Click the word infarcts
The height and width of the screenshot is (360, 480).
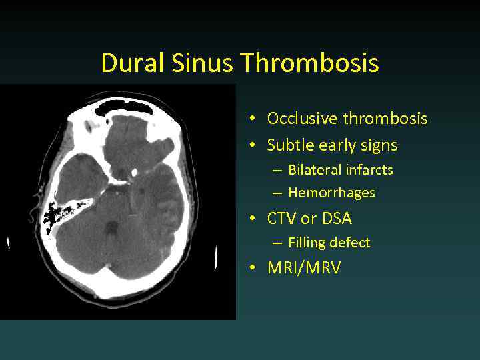(x=369, y=170)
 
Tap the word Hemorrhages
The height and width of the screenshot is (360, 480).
(x=331, y=193)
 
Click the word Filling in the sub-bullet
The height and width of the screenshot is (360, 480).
(x=307, y=243)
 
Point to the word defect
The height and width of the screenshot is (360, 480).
(x=350, y=243)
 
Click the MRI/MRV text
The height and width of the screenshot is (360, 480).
(x=303, y=268)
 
